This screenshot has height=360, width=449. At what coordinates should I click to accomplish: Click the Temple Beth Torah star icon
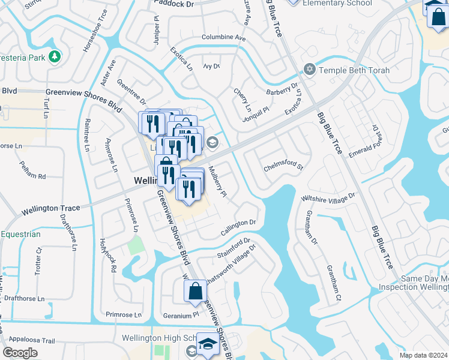pos(310,70)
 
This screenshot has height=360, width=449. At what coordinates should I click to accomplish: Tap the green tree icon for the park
pos(55,56)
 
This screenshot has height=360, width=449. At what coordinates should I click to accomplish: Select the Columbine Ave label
pos(224,38)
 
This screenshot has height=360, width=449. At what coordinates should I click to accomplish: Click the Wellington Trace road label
pos(51,209)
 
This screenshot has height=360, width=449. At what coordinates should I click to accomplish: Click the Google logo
pos(20,353)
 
